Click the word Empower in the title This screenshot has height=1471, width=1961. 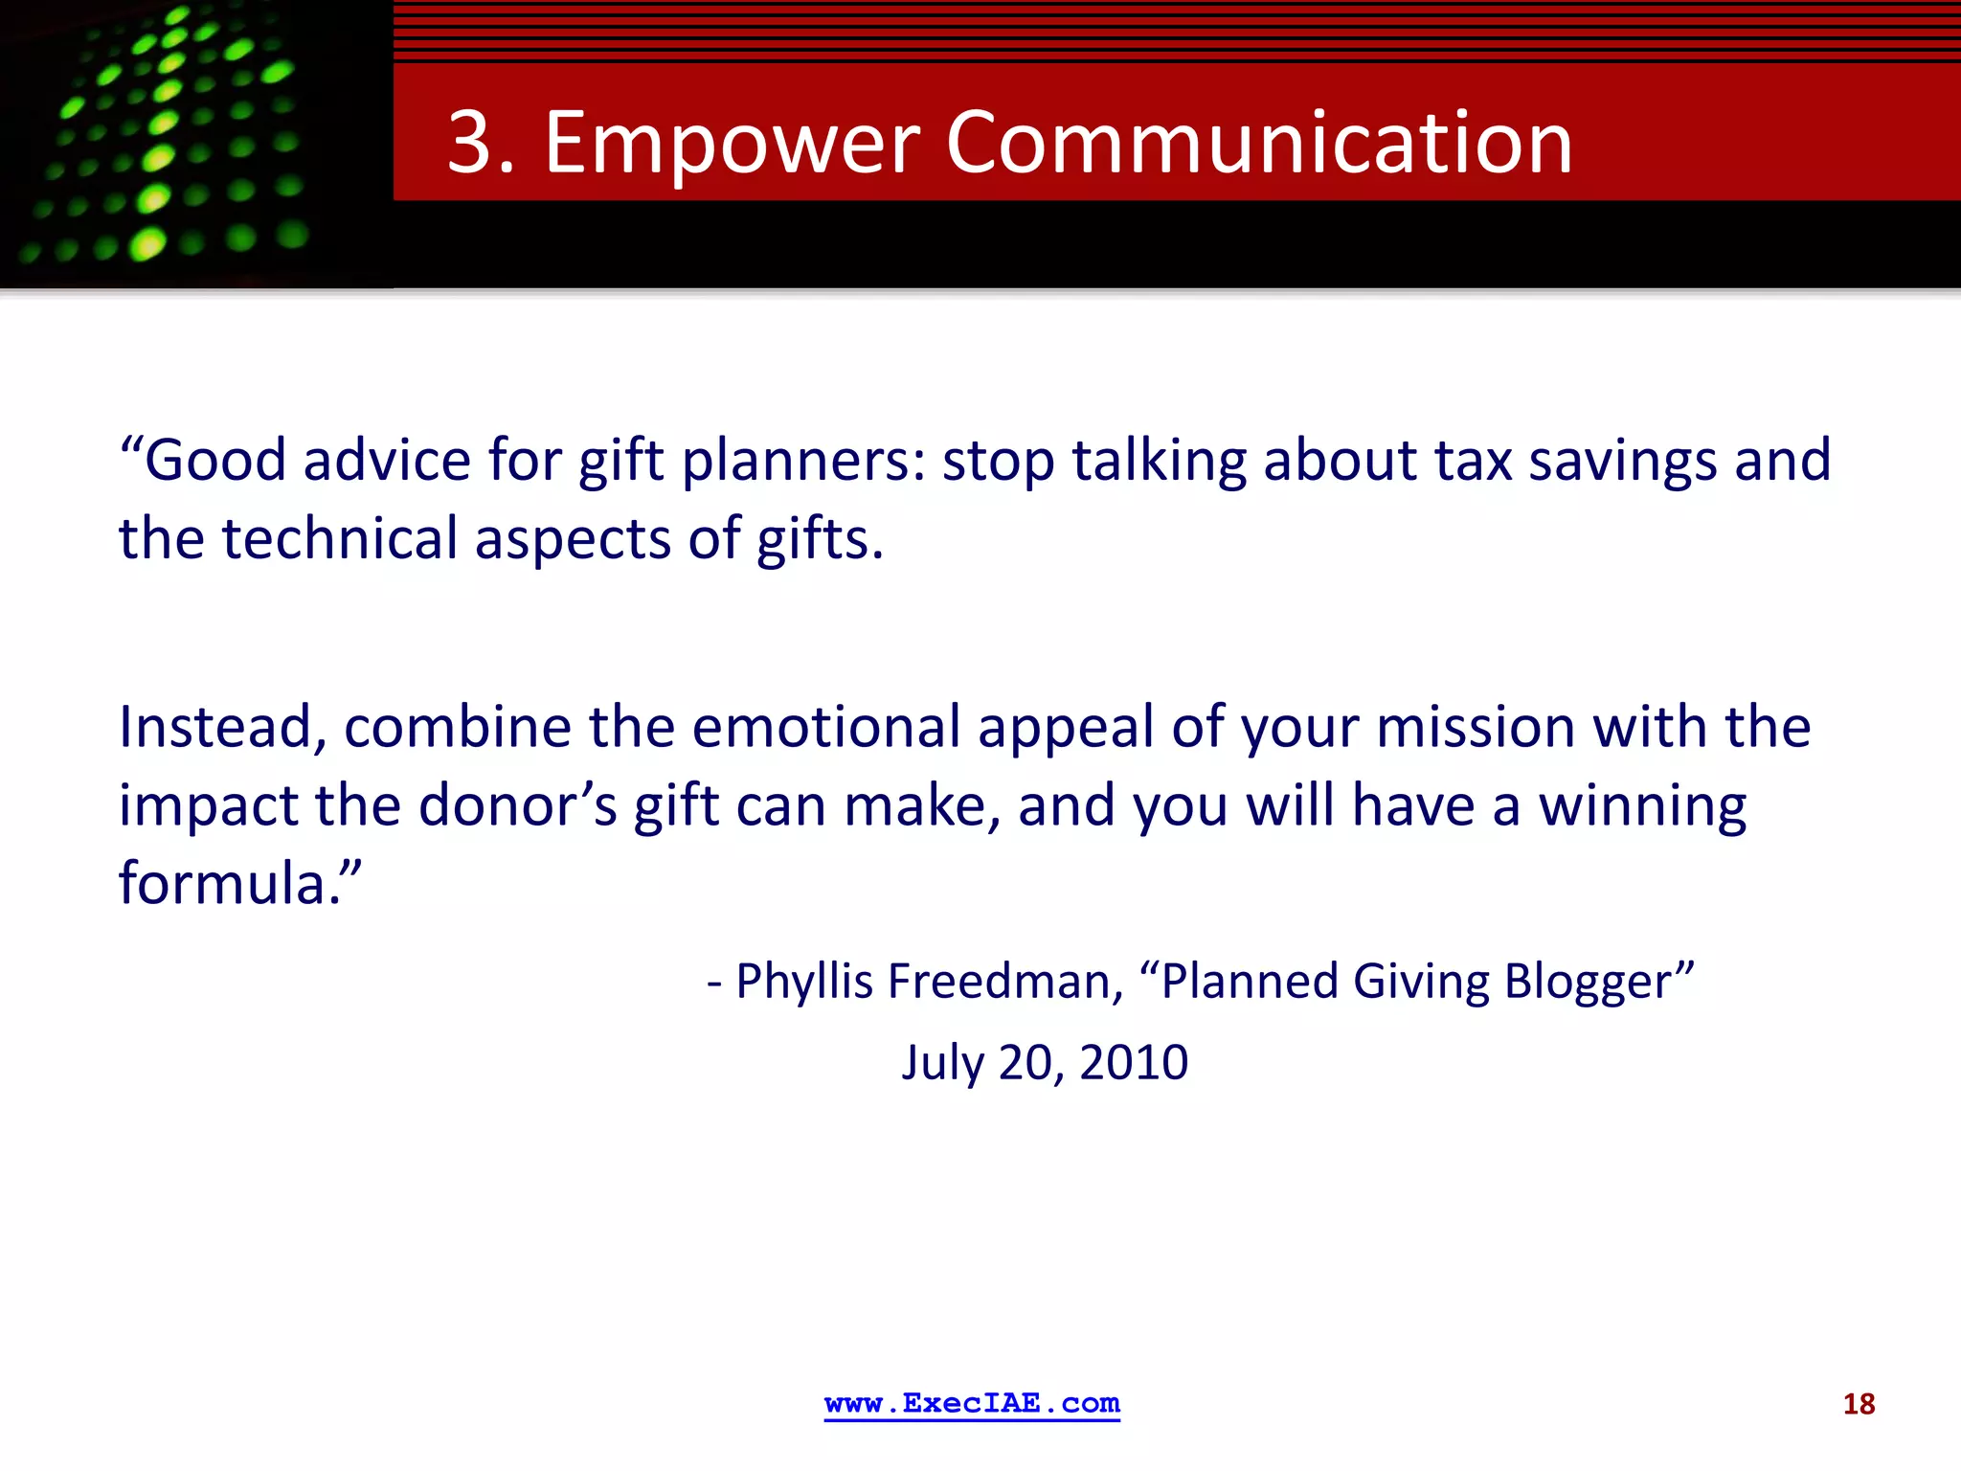pyautogui.click(x=732, y=143)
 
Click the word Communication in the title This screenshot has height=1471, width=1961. pyautogui.click(x=1259, y=143)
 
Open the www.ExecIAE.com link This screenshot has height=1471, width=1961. pyautogui.click(x=972, y=1403)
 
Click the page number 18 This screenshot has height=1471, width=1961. pyautogui.click(x=1859, y=1404)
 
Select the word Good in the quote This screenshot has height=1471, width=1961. pyautogui.click(x=214, y=460)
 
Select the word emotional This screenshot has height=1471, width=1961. pyautogui.click(x=825, y=727)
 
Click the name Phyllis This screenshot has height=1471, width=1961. pyautogui.click(x=804, y=983)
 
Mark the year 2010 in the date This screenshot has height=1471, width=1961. pyautogui.click(x=1134, y=1062)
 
